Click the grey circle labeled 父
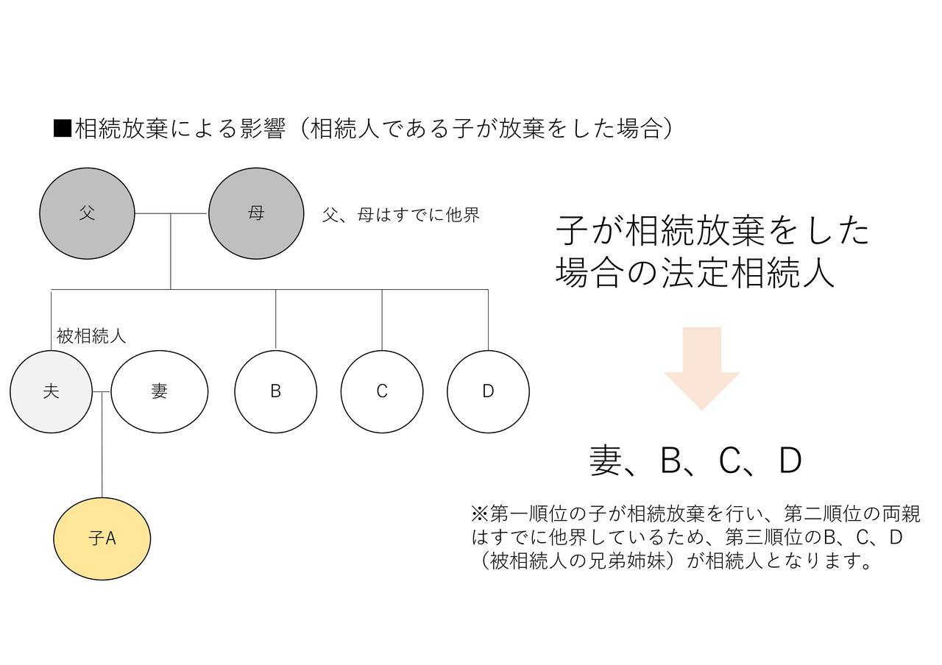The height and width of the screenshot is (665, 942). pos(87,213)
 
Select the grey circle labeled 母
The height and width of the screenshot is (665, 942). pos(256,213)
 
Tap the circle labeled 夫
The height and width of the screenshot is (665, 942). pos(51,392)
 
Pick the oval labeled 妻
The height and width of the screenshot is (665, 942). pos(160,392)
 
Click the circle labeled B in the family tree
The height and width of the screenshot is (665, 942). pos(275,392)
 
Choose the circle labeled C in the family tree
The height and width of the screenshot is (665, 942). pos(382,392)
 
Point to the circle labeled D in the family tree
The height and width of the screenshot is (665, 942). pos(488,392)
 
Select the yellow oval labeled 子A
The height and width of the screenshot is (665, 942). pos(102,539)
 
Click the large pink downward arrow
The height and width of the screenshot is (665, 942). pos(701,369)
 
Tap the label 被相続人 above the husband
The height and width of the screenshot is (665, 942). pos(91,336)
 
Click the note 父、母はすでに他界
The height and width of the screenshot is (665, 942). pos(401,215)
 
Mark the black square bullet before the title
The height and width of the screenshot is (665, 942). pos(63,128)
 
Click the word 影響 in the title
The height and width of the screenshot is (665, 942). pos(263,128)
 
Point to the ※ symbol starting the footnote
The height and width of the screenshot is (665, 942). pos(480,513)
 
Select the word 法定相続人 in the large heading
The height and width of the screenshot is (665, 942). pos(748,272)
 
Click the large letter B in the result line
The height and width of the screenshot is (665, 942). pos(670,460)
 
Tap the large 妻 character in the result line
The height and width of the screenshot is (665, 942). pos(606,460)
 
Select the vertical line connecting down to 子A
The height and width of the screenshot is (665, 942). pos(102,445)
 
